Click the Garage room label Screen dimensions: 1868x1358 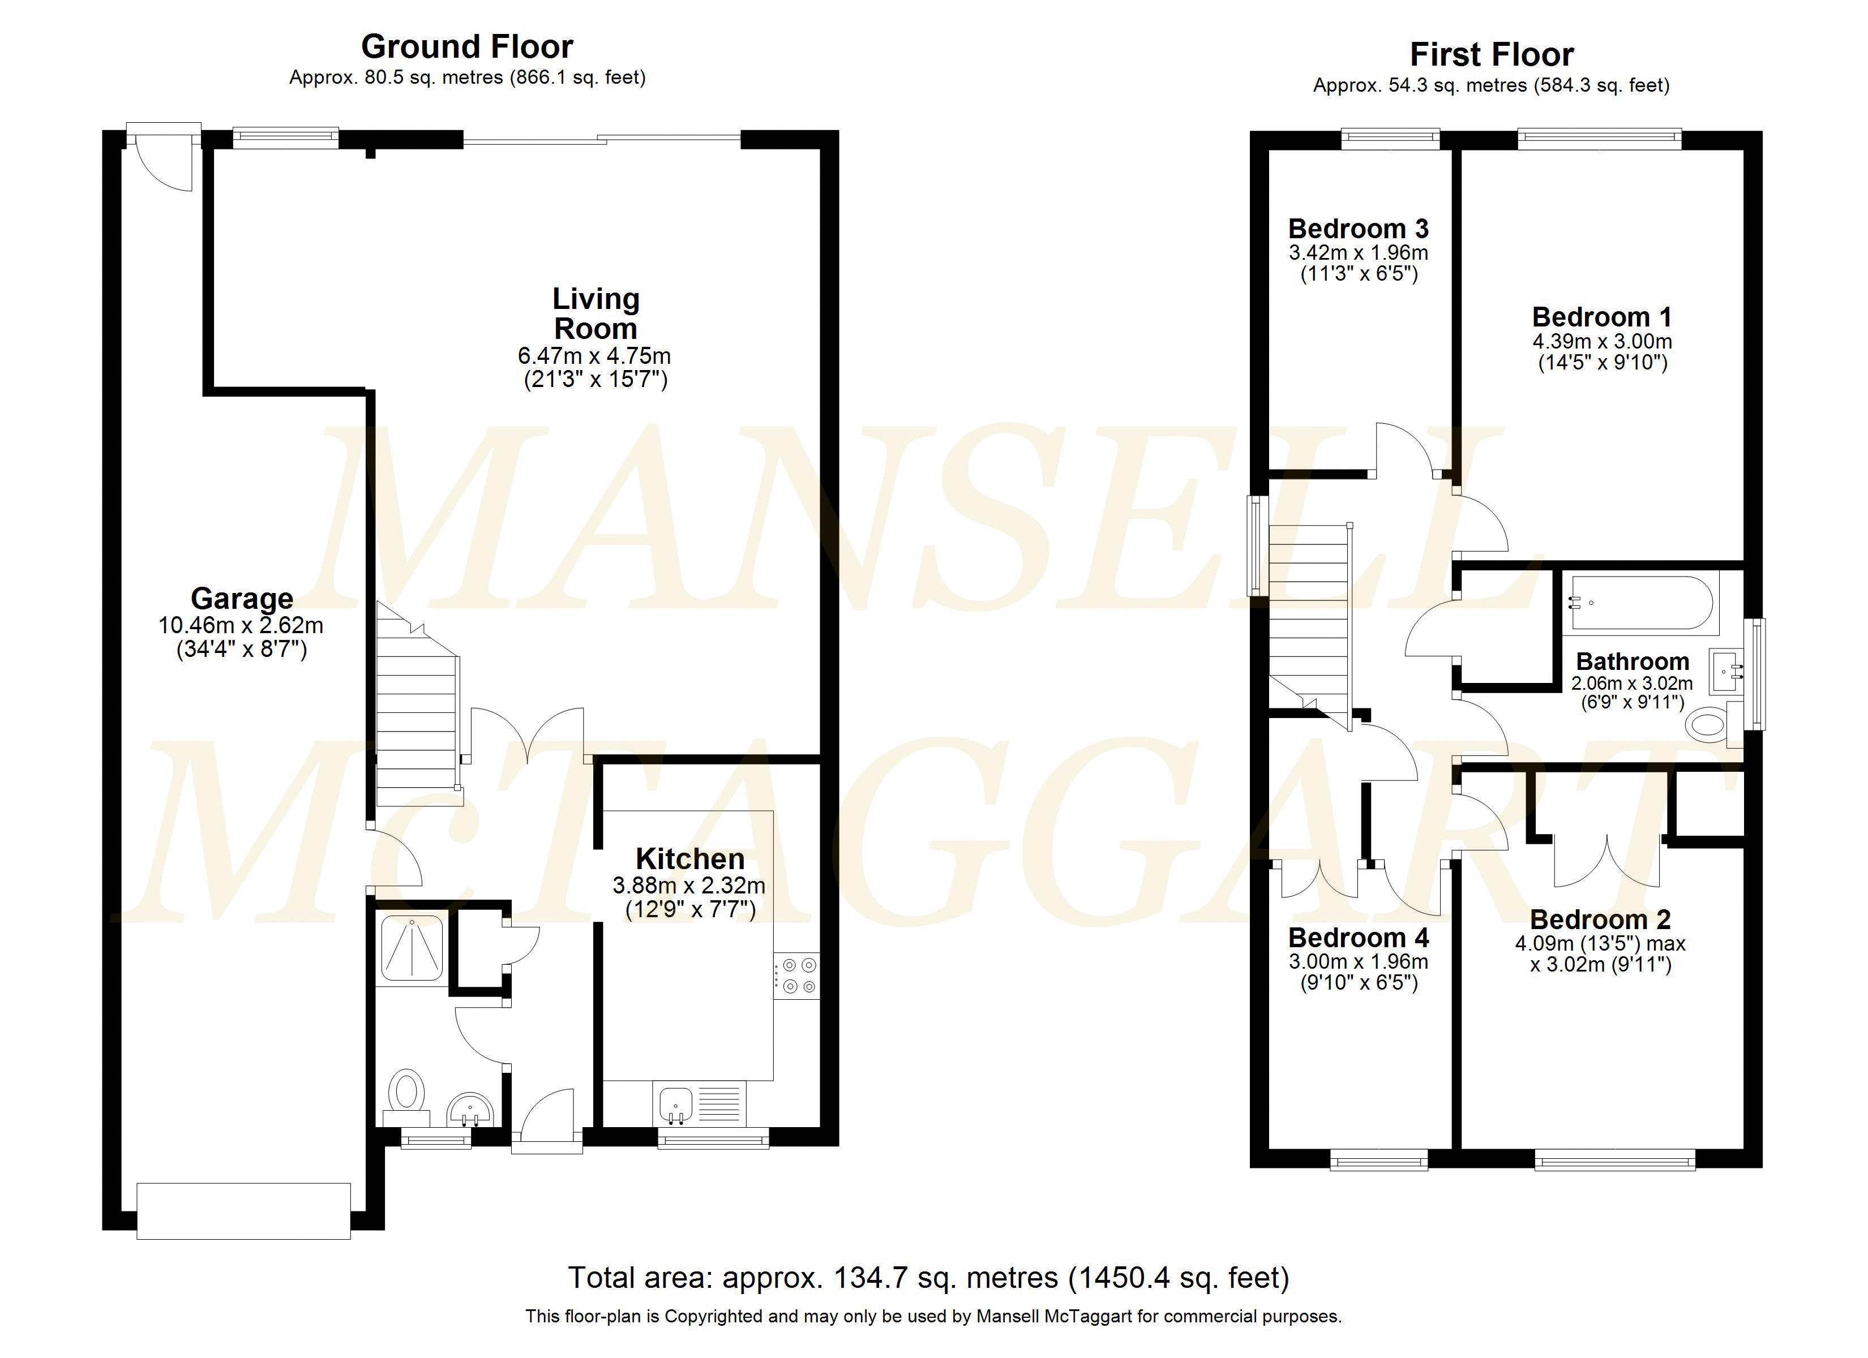[x=242, y=598]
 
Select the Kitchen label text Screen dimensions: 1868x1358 [x=690, y=859]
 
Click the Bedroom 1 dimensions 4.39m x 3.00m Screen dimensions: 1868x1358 [x=1602, y=341]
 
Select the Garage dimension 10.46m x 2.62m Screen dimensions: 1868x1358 [x=241, y=625]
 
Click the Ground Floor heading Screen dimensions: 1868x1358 [x=467, y=47]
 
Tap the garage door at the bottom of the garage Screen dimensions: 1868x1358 [x=244, y=1210]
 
